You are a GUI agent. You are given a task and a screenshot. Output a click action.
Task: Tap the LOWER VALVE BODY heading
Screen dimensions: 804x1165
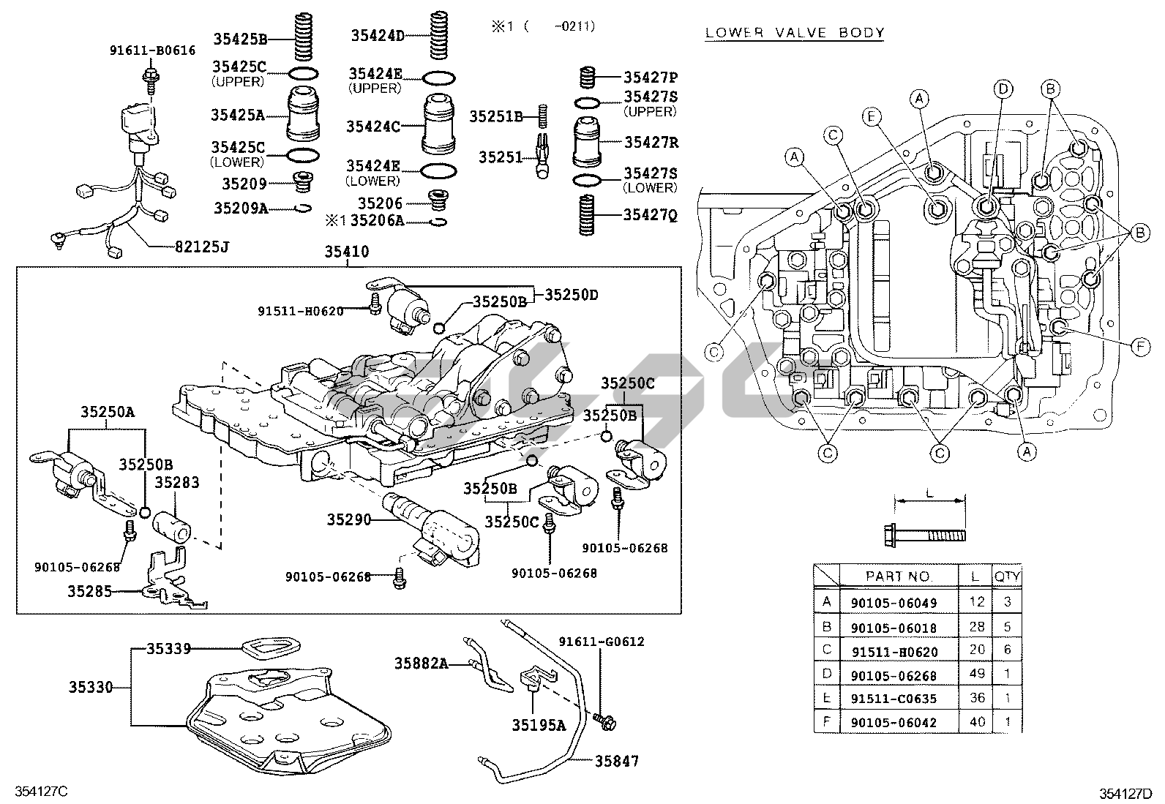click(795, 33)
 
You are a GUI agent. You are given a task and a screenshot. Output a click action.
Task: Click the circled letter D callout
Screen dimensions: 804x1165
click(1003, 89)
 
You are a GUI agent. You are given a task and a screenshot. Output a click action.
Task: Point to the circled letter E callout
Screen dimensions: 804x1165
click(870, 116)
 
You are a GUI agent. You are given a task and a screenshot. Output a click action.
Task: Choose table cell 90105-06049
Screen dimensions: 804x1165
click(894, 603)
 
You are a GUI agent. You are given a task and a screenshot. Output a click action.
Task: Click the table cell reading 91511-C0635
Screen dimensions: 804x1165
click(894, 699)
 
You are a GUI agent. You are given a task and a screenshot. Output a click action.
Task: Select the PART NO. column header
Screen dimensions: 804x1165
click(899, 576)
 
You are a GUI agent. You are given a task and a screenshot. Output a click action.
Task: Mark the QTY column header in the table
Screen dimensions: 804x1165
click(1007, 576)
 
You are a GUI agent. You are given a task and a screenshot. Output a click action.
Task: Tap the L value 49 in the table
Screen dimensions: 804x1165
click(977, 675)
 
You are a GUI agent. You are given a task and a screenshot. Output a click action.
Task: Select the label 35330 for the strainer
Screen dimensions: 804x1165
click(91, 688)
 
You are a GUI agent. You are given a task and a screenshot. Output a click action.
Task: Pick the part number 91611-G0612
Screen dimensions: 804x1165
click(601, 642)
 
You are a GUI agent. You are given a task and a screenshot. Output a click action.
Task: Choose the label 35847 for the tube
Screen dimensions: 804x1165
click(615, 762)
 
